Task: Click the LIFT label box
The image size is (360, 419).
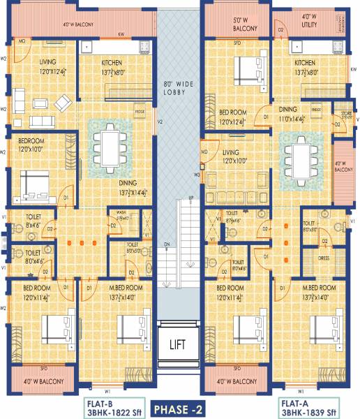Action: point(179,343)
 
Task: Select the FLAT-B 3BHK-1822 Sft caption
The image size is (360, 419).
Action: point(105,407)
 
